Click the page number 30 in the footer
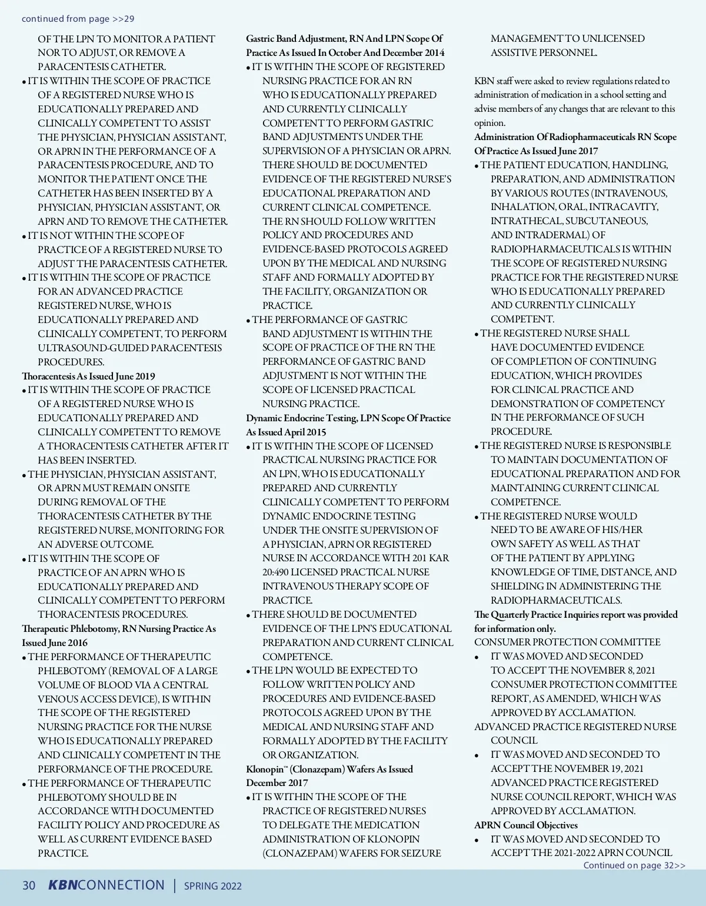coord(29,885)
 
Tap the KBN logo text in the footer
coord(62,885)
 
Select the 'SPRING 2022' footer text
coord(213,886)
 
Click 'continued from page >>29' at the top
coord(78,19)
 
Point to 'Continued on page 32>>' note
coord(634,865)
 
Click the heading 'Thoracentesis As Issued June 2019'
coord(88,376)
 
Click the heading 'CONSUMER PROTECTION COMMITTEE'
coord(567,642)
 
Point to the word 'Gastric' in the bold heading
coord(260,39)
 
